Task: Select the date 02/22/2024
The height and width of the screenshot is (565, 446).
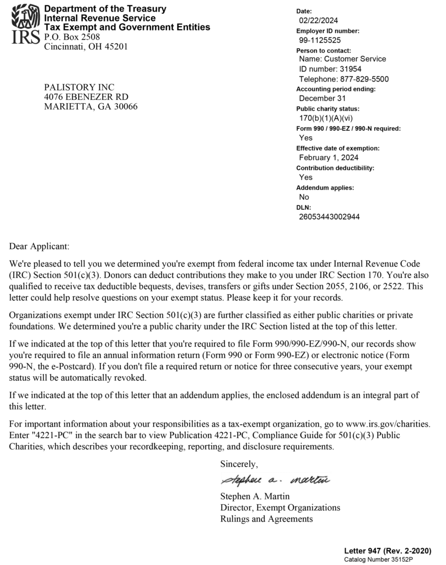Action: click(x=318, y=21)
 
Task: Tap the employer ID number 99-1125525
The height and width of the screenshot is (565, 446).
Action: click(x=320, y=40)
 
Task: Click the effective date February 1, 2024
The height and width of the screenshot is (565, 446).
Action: click(x=329, y=158)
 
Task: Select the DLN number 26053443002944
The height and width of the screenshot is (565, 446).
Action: click(x=329, y=217)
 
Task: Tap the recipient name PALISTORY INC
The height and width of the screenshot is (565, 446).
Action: click(x=79, y=87)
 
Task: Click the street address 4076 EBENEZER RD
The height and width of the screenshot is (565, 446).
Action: click(x=86, y=97)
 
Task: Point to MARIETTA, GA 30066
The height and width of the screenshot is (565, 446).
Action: click(x=91, y=107)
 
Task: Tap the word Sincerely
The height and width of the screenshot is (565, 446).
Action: click(x=239, y=463)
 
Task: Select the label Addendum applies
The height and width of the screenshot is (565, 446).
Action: click(x=325, y=188)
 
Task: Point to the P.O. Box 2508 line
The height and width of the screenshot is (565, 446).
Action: click(x=72, y=37)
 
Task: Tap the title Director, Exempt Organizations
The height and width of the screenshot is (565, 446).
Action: click(x=280, y=507)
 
